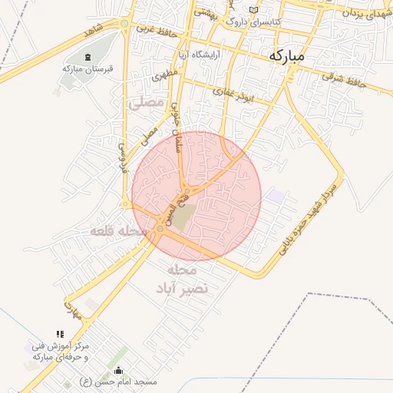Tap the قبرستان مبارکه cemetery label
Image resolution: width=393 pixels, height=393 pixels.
(x=88, y=68)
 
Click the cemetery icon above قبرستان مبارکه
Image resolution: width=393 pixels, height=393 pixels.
(x=87, y=57)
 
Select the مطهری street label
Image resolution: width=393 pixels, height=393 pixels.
(x=165, y=76)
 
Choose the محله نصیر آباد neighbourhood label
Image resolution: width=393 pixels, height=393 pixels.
(x=182, y=279)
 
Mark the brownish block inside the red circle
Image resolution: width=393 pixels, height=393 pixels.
(x=183, y=216)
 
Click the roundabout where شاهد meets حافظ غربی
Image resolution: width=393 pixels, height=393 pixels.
(x=124, y=24)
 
